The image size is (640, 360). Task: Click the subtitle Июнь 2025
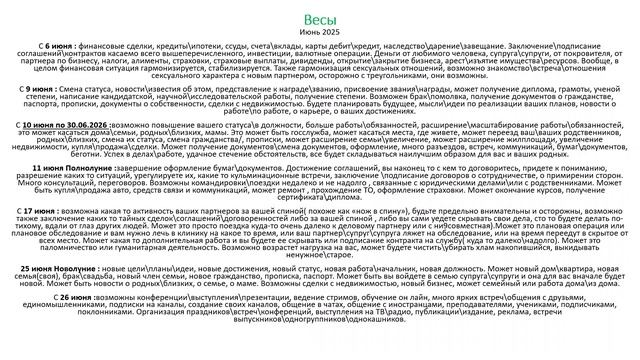click(x=319, y=33)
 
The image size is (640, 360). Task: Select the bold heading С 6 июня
click(x=53, y=46)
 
